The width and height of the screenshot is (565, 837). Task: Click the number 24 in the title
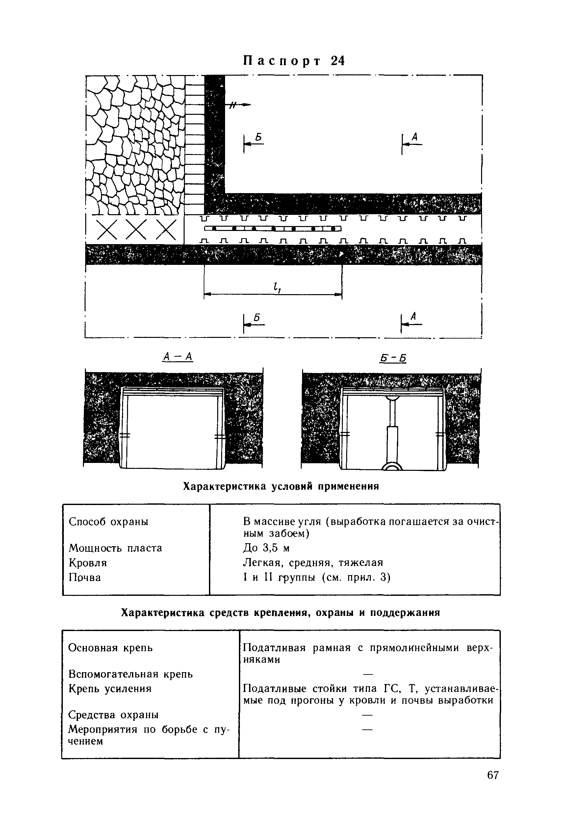(x=337, y=61)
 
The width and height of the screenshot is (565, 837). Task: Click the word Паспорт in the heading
(x=282, y=61)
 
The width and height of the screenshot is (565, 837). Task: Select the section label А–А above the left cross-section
(x=178, y=357)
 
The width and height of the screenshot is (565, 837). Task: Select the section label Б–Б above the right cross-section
(x=393, y=358)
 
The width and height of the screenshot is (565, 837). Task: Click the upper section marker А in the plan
(x=415, y=137)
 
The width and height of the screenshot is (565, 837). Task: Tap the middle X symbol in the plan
(x=136, y=229)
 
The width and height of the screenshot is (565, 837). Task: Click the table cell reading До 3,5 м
(x=267, y=548)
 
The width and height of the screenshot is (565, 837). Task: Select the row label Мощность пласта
(x=115, y=548)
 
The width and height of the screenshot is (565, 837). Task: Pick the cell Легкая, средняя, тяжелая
(x=313, y=563)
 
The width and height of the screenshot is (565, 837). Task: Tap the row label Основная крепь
(x=110, y=648)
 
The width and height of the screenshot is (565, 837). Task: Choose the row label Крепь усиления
(x=110, y=689)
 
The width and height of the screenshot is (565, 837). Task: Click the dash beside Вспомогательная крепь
(x=367, y=674)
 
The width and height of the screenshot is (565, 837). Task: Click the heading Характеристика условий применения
(x=281, y=487)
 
